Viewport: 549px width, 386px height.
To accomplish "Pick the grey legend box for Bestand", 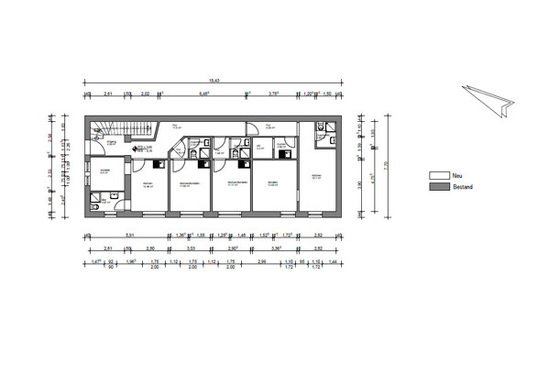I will click(x=439, y=186).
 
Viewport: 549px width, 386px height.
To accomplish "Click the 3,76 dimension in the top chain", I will click(x=273, y=94).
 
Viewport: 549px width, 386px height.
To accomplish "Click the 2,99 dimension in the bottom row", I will click(x=262, y=261).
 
